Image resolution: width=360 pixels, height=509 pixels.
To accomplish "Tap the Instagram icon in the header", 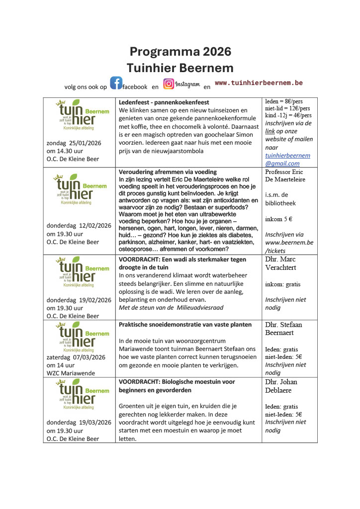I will coord(169,84).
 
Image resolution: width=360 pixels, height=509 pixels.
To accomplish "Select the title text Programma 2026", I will coord(180,52).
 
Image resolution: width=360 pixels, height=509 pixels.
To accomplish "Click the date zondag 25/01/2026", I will coord(74,143).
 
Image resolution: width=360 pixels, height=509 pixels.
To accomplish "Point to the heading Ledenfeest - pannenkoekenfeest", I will coord(164,102).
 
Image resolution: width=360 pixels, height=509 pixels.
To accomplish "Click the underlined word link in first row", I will coord(270,131).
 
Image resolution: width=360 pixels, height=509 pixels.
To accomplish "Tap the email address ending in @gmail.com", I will coord(287,159).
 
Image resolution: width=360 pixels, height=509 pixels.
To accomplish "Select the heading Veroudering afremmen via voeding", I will coord(168,172).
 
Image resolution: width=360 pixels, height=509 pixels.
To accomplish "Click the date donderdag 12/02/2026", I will coord(79,225).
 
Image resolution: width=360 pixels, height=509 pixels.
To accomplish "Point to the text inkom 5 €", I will coord(278,218).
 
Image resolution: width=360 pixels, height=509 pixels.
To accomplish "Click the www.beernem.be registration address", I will coord(289,243).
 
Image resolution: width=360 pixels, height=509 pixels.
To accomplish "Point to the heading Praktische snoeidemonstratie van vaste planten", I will coord(185,325).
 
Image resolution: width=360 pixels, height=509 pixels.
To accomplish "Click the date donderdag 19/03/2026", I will coord(79,423).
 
